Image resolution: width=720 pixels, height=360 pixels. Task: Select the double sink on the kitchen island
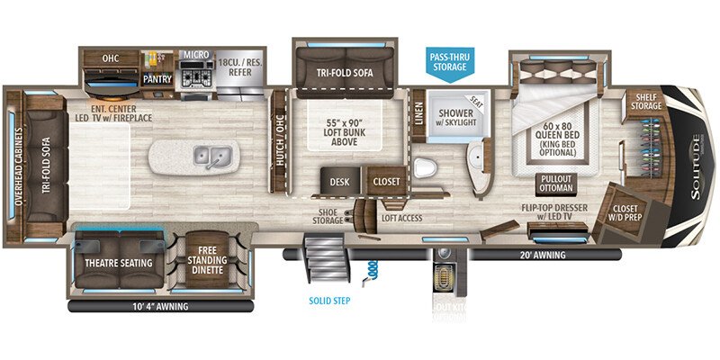214,159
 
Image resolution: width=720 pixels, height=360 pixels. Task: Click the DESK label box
340,180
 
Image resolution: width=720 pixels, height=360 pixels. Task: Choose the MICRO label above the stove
197,54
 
